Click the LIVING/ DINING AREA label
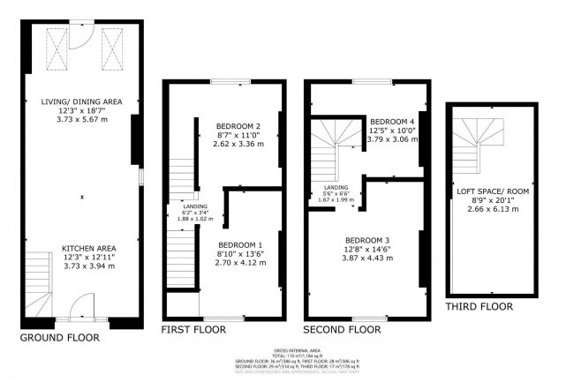(x=79, y=102)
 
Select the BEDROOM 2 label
(x=238, y=126)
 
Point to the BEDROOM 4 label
(x=392, y=121)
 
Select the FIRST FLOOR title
(x=193, y=329)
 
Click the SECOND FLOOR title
(x=343, y=329)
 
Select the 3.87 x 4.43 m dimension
(x=367, y=258)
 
